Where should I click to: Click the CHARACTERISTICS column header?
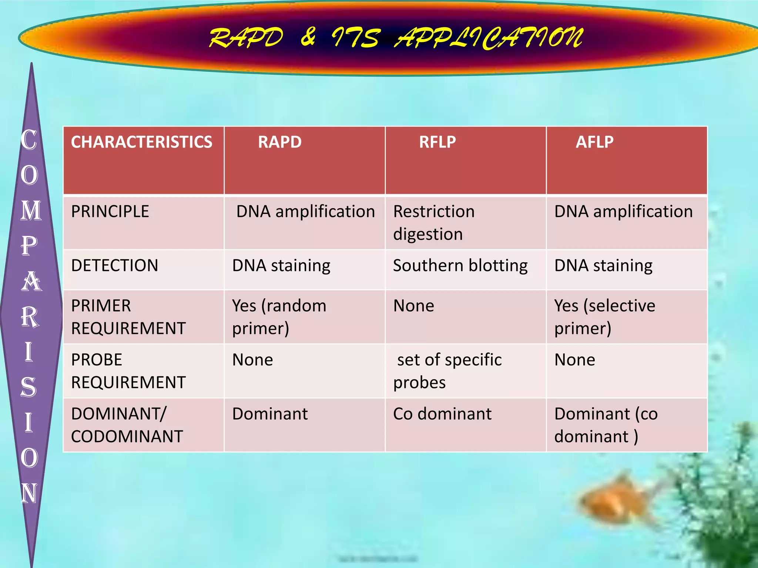142,142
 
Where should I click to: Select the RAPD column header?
280,142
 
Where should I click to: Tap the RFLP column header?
437,142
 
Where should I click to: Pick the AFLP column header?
594,142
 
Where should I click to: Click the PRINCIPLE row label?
110,212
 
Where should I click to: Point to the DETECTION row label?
114,266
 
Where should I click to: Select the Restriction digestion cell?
434,223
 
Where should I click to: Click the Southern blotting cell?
460,266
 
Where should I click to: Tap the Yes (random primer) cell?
279,317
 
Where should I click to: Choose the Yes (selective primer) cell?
604,317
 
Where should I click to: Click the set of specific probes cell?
448,371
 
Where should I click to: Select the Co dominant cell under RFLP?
442,414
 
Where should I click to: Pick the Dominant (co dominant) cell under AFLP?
606,425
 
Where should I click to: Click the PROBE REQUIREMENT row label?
128,371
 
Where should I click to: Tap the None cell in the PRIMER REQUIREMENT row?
413,306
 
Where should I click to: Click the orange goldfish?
614,503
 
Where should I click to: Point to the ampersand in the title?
308,37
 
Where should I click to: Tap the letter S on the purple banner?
29,387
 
